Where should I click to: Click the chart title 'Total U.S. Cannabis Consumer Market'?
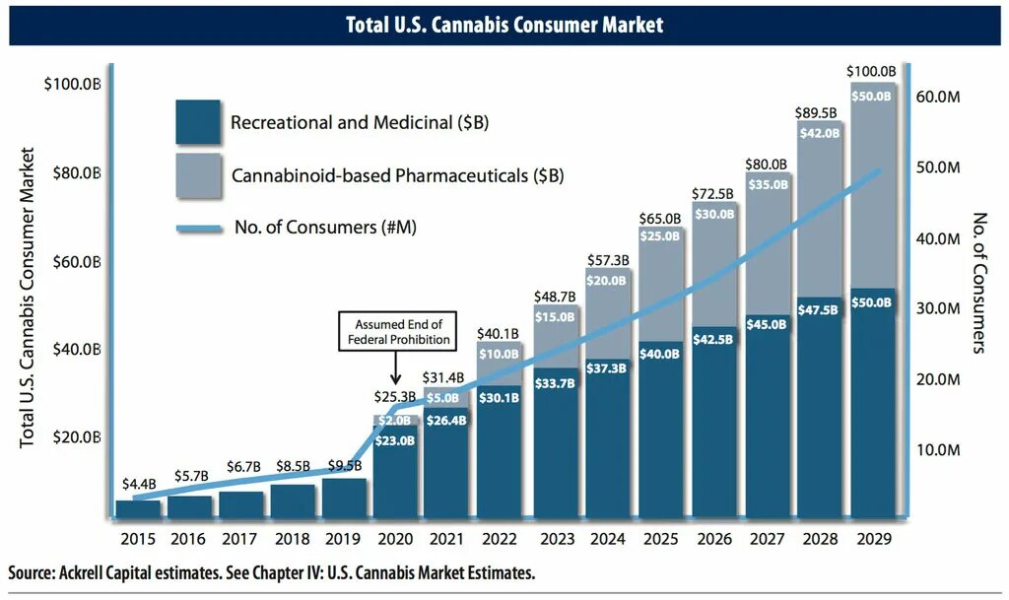pos(504,25)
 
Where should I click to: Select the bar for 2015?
pos(138,508)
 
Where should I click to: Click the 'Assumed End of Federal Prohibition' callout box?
pos(398,331)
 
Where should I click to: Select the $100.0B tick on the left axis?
pos(72,85)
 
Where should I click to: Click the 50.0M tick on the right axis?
pos(938,168)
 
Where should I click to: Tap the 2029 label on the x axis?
pos(873,540)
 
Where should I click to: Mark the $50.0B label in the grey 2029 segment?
pos(873,97)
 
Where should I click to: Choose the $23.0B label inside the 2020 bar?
pos(395,441)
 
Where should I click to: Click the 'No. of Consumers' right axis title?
pos(978,283)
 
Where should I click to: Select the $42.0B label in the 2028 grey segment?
pos(820,133)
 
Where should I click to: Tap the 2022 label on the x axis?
pos(500,540)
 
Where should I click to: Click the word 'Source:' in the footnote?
pos(34,573)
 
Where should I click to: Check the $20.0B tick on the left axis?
pos(75,437)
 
